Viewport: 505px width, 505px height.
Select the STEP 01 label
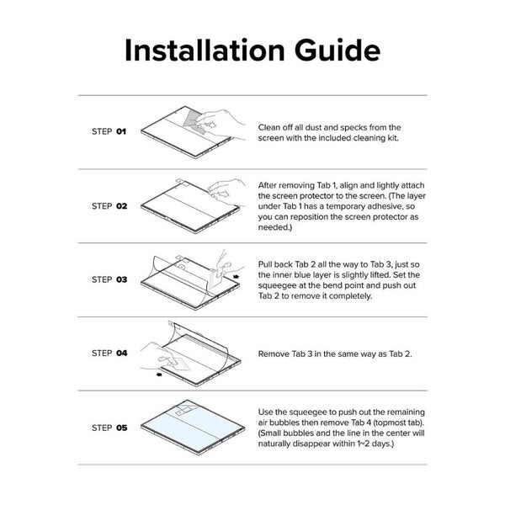109,132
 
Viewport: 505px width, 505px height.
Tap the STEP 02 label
109,205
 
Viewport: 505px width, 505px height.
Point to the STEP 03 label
109,279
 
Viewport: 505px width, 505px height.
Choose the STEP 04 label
109,353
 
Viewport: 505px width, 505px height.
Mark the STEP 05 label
109,428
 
